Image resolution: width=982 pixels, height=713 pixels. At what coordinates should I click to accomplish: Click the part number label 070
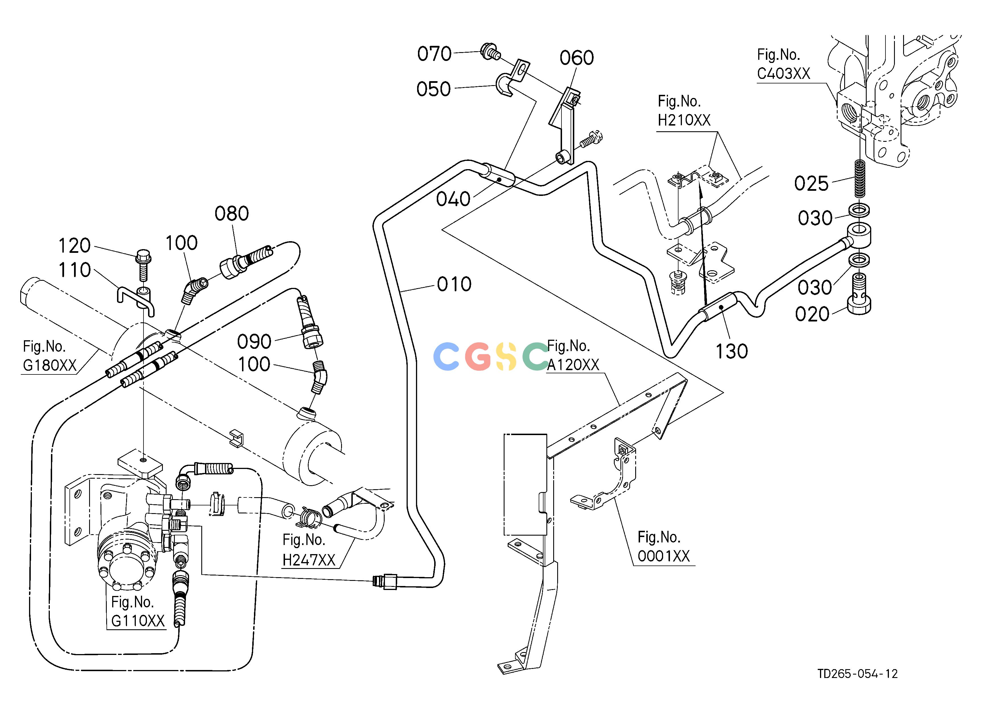tap(434, 54)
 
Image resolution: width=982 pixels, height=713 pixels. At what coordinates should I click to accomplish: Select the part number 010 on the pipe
tap(454, 284)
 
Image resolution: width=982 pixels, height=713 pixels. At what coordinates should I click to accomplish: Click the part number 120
tap(75, 246)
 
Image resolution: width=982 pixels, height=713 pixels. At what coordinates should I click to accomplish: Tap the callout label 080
tap(232, 214)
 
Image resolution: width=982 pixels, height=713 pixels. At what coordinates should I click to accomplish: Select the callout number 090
tap(254, 342)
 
